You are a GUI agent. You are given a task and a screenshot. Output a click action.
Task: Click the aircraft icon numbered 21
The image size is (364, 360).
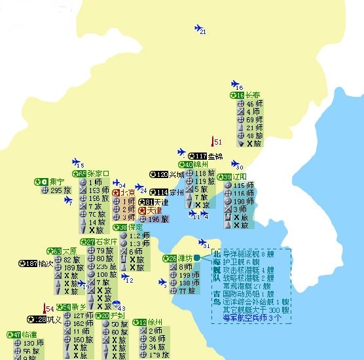point(199,27)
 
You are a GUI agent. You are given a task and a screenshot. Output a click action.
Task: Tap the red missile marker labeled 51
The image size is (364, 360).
point(213,141)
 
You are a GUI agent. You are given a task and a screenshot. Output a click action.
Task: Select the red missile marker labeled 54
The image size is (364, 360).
point(45,308)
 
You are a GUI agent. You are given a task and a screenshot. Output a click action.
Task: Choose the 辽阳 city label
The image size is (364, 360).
point(240,177)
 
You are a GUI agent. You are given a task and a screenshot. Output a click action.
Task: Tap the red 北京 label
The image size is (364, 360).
point(127,193)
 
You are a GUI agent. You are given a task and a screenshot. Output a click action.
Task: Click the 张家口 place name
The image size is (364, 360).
point(98,173)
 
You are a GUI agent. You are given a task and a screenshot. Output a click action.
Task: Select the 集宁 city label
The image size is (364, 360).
point(56,181)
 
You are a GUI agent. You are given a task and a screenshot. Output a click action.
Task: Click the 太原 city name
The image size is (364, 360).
point(69,251)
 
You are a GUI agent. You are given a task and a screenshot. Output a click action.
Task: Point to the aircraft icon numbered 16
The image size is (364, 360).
point(236,84)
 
